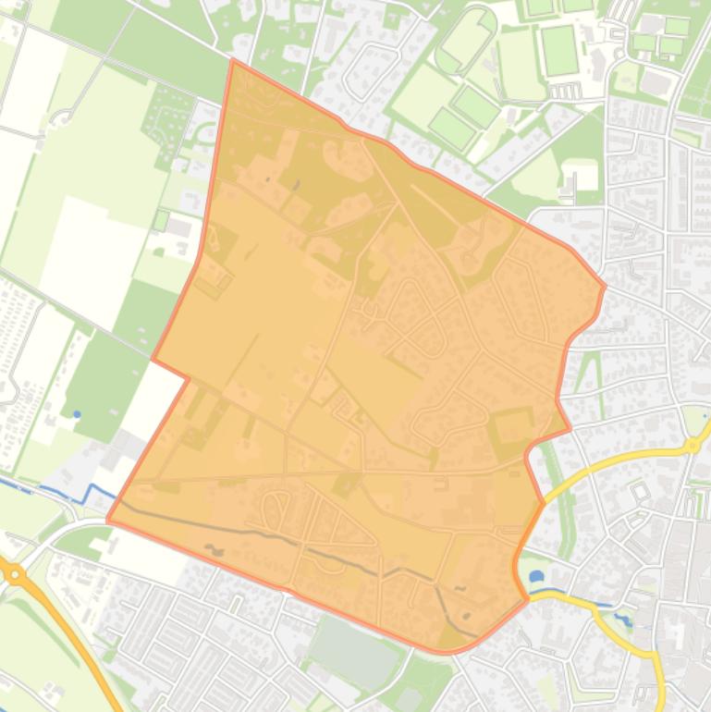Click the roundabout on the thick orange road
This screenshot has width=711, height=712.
pos(16,573)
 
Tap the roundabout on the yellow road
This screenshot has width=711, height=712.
pos(691,446)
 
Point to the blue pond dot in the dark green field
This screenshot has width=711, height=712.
pos(77,414)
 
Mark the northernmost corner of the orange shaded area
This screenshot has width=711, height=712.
pos(232,60)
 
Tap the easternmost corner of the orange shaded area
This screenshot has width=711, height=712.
pos(605,286)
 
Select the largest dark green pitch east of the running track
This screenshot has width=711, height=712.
pos(559,50)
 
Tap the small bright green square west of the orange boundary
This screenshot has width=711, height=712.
pos(161,221)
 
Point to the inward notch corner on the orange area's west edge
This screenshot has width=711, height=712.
pos(189,377)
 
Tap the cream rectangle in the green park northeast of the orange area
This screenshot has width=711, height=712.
pos(581,174)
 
